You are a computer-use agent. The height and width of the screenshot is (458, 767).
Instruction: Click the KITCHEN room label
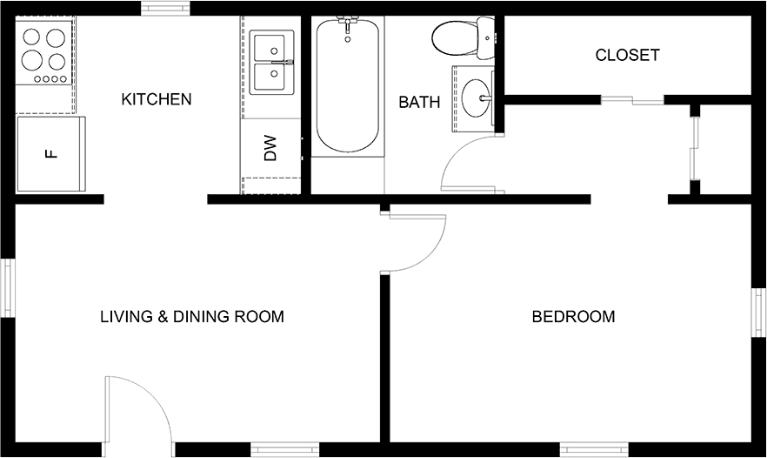(156, 99)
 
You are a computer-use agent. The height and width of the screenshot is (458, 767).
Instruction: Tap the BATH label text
(419, 102)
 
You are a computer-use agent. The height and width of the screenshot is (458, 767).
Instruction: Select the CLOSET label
(627, 55)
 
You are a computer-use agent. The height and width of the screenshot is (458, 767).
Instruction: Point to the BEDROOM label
(573, 316)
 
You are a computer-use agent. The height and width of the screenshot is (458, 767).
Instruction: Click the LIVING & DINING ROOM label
(192, 316)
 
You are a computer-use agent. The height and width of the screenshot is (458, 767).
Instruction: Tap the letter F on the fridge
(51, 154)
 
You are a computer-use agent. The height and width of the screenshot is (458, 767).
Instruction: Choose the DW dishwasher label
(270, 148)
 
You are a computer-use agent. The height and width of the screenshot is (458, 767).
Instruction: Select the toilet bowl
(455, 39)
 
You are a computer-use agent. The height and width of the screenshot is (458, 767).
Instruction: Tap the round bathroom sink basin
(476, 98)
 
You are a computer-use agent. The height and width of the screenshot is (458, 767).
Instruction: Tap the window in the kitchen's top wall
(165, 8)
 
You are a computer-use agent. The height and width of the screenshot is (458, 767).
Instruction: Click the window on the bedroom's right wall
(758, 313)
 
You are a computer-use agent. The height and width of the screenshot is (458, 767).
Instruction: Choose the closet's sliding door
(632, 100)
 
